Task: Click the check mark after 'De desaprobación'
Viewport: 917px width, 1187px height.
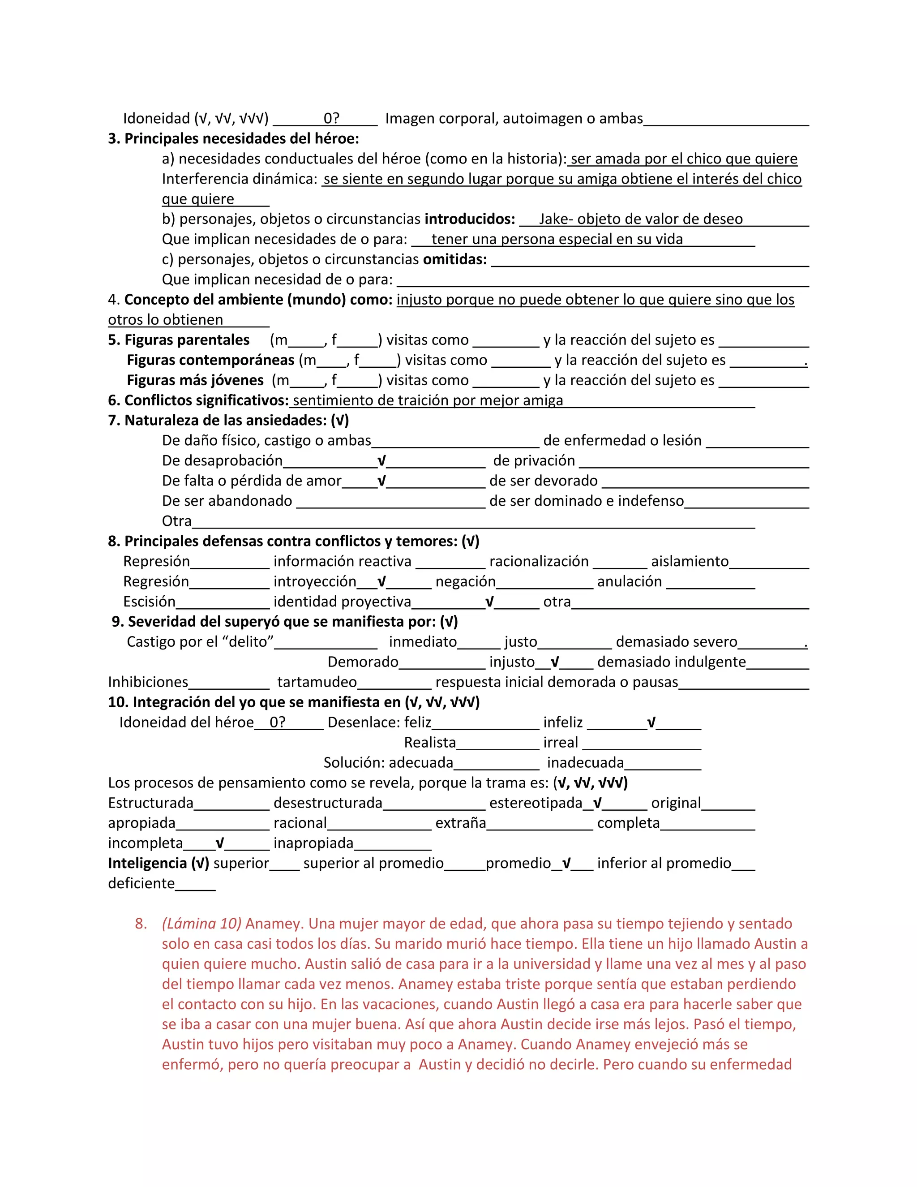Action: point(381,461)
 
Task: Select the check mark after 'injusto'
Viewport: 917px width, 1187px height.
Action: point(555,662)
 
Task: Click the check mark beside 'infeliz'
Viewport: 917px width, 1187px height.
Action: point(651,723)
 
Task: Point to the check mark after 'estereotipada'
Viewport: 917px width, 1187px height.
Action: point(597,803)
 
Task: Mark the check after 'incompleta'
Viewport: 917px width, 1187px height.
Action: point(219,843)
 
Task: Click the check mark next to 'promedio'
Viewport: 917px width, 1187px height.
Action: point(566,863)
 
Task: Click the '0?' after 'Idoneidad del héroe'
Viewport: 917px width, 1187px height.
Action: point(278,723)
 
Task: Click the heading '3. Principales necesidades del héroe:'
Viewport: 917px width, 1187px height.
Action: point(234,138)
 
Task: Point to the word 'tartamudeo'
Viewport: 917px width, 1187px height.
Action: point(317,682)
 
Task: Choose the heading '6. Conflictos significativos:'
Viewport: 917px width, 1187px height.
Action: point(198,400)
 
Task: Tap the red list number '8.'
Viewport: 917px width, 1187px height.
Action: point(141,924)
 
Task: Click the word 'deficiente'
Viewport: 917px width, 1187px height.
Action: point(141,883)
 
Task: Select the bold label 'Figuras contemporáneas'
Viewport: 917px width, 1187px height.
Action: point(211,360)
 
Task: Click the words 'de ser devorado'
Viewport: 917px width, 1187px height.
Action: point(543,481)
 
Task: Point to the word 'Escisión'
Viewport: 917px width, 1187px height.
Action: point(150,602)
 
